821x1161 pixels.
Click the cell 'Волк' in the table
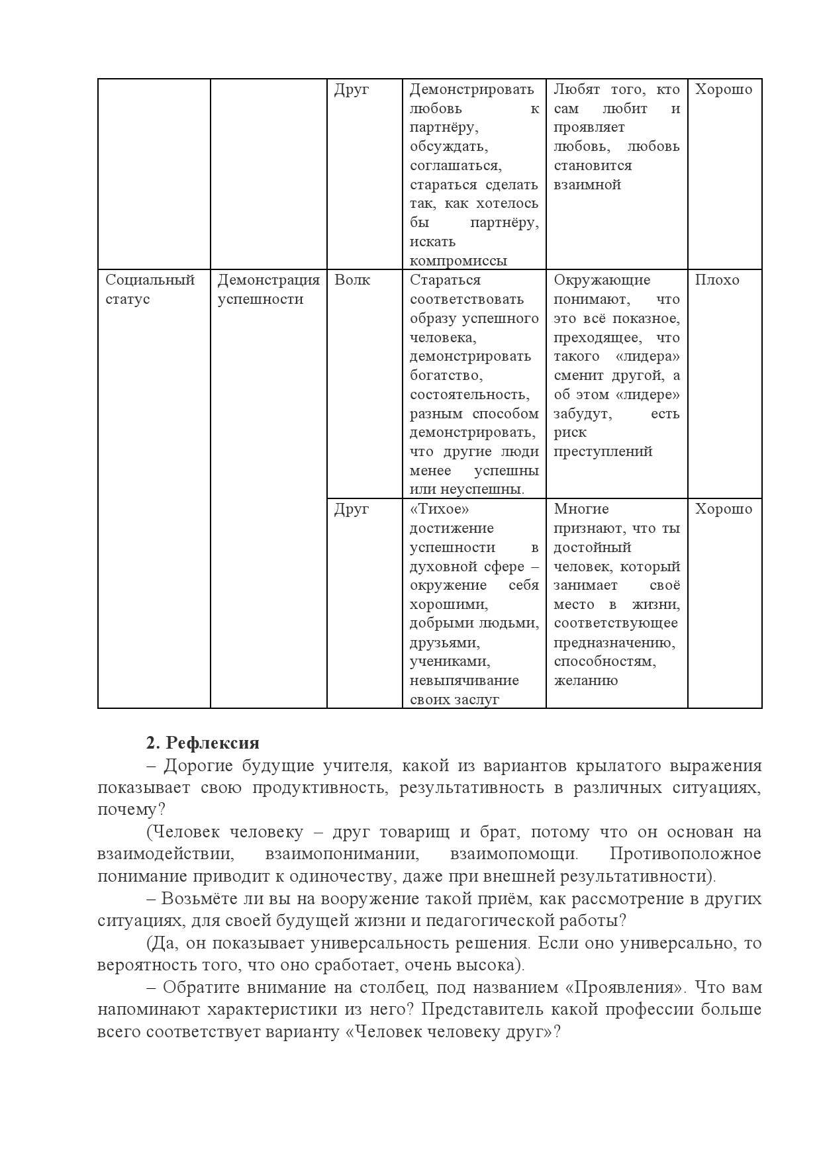(x=352, y=280)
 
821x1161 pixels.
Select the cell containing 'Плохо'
(x=717, y=280)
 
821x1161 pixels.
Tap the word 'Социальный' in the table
(x=150, y=280)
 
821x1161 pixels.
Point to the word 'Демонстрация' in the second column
(x=269, y=280)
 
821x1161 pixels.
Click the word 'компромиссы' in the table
(x=458, y=261)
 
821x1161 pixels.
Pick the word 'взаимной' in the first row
(x=587, y=185)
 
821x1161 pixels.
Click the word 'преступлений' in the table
(x=603, y=451)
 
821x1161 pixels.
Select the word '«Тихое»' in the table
(x=440, y=509)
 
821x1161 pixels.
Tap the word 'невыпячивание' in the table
(x=464, y=680)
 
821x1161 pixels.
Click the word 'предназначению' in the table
(x=614, y=643)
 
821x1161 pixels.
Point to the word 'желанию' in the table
(x=585, y=680)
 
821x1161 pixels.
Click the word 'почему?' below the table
(x=131, y=810)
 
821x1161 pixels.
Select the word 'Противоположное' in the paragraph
(x=685, y=854)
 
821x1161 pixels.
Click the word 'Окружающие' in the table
(x=602, y=280)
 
